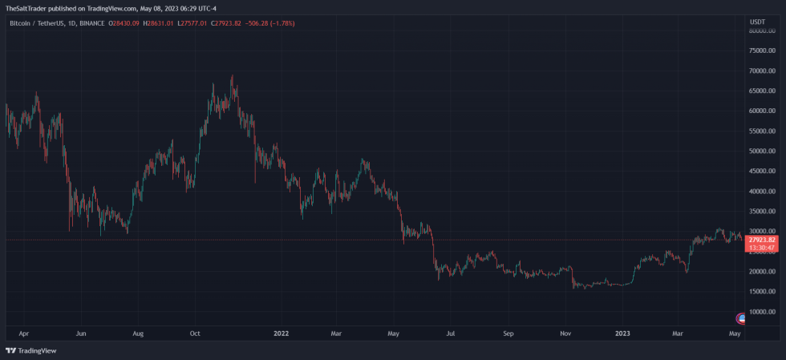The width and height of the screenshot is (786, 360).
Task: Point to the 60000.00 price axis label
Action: click(761, 111)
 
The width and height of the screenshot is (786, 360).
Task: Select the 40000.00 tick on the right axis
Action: click(761, 192)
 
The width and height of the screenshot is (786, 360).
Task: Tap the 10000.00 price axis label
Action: click(761, 312)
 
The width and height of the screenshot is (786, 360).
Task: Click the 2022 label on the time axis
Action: click(281, 332)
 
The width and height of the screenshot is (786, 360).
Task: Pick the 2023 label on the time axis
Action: click(622, 332)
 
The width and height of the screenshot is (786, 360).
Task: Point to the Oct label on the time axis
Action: click(195, 332)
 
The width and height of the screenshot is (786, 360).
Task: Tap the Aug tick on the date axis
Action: click(138, 332)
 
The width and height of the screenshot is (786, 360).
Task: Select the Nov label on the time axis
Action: click(565, 332)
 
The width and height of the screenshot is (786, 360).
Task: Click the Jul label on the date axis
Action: click(451, 332)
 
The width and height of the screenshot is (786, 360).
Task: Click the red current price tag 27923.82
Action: click(761, 240)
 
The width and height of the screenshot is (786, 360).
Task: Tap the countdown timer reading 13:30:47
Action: click(761, 248)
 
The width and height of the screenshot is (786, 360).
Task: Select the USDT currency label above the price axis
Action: click(757, 22)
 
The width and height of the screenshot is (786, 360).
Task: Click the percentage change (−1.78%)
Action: click(282, 23)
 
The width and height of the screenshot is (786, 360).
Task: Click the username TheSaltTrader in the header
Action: click(25, 7)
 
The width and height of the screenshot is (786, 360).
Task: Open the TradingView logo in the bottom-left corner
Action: click(26, 350)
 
